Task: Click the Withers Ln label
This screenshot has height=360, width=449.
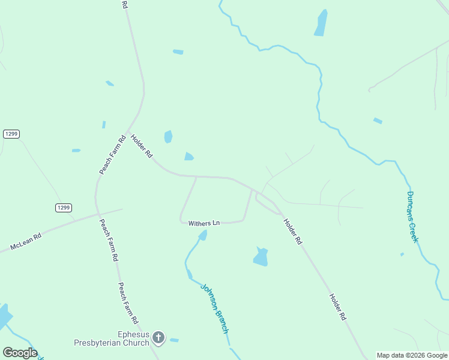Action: (204, 223)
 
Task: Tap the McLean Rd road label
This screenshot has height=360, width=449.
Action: (26, 242)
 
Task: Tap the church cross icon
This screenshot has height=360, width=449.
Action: (158, 338)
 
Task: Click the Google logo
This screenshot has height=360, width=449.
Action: (19, 352)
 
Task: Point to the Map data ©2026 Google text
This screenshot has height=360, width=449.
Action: (412, 355)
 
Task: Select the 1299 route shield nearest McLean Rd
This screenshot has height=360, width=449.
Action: (64, 208)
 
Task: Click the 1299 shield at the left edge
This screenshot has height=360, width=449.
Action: (11, 134)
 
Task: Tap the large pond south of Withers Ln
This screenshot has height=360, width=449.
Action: (261, 256)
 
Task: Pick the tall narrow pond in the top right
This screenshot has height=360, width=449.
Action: (321, 23)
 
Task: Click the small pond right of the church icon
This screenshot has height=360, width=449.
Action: (174, 340)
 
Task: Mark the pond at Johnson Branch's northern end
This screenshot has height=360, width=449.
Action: (202, 235)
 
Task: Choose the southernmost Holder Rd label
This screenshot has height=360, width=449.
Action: (338, 306)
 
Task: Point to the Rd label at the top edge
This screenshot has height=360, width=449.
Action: (125, 4)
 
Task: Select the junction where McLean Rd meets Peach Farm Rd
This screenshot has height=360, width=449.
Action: (96, 214)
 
